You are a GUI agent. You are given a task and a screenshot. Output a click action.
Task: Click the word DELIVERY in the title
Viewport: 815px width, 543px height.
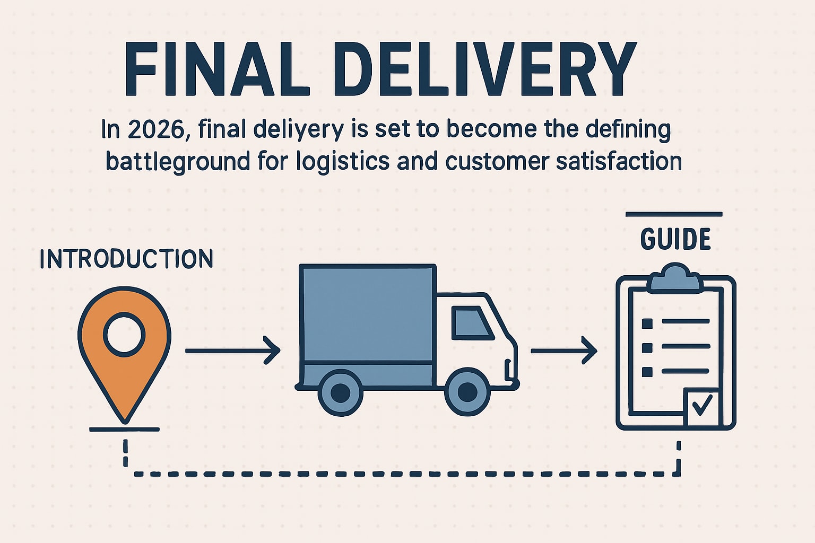click(x=485, y=69)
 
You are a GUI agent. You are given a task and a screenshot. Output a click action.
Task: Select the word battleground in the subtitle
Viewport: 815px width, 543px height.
click(x=177, y=161)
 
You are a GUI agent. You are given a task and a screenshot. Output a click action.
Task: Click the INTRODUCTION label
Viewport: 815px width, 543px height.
click(x=126, y=259)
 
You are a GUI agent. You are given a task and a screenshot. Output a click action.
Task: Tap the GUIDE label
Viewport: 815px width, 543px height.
click(x=675, y=239)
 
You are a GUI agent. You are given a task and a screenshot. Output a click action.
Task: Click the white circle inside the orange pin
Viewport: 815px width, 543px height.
click(x=124, y=334)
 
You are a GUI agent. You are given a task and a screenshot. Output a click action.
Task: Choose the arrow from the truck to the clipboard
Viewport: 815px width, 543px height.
click(x=563, y=351)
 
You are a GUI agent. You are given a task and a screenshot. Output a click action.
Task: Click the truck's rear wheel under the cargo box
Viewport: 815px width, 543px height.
click(x=340, y=392)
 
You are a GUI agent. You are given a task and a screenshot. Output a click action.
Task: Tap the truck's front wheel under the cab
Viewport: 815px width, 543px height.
click(x=467, y=392)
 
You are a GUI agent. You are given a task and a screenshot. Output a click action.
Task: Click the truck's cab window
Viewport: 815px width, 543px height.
click(x=471, y=323)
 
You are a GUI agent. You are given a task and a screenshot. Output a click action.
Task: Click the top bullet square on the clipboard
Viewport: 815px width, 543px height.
click(x=647, y=323)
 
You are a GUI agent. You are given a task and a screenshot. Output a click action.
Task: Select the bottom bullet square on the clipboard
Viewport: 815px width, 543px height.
click(x=647, y=372)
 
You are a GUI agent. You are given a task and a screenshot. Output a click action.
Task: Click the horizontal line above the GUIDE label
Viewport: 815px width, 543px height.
click(x=674, y=214)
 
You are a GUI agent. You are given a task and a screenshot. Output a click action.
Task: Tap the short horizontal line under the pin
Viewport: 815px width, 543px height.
click(x=124, y=429)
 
